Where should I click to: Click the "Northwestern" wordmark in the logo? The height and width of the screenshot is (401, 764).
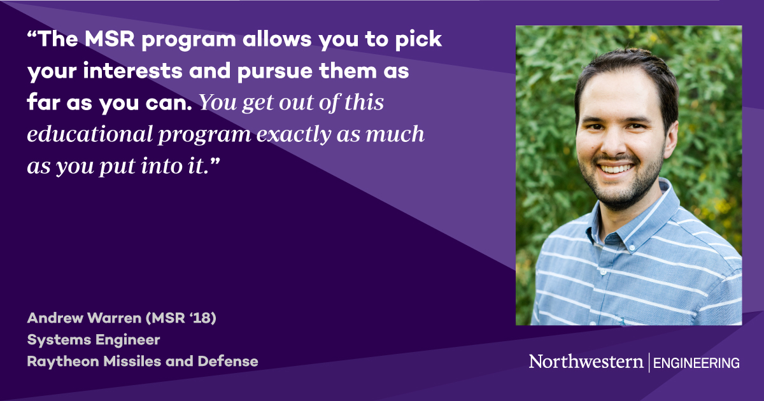click(586, 362)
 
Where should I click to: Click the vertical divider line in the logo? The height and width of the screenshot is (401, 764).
click(649, 363)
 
